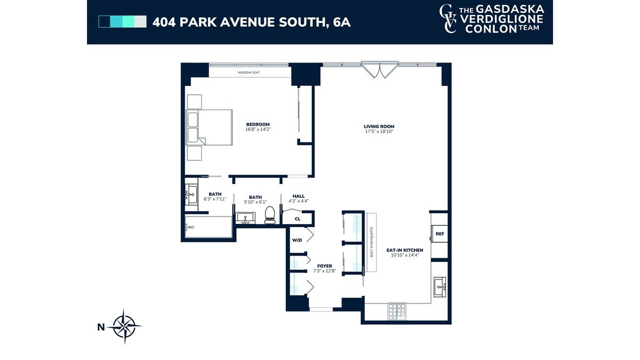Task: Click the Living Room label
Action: pyautogui.click(x=379, y=126)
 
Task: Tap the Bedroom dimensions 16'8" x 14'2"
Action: pyautogui.click(x=258, y=130)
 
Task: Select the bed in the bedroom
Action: pyautogui.click(x=209, y=127)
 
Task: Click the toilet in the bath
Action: pyautogui.click(x=270, y=215)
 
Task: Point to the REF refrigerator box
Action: pyautogui.click(x=439, y=234)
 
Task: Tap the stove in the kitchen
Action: pyautogui.click(x=397, y=311)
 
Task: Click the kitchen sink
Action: pyautogui.click(x=439, y=287)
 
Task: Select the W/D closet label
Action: pyautogui.click(x=297, y=241)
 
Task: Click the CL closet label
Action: pyautogui.click(x=298, y=219)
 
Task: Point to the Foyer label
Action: pyautogui.click(x=324, y=266)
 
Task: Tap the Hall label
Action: pyautogui.click(x=299, y=196)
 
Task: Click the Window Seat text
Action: pyautogui.click(x=249, y=73)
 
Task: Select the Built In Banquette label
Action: pyautogui.click(x=372, y=242)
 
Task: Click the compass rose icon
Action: pyautogui.click(x=124, y=326)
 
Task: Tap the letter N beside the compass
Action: pyautogui.click(x=101, y=327)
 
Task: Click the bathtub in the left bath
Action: pyautogui.click(x=209, y=227)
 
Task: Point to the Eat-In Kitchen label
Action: pyautogui.click(x=405, y=250)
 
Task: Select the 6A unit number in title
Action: pyautogui.click(x=342, y=22)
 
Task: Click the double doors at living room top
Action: pyautogui.click(x=379, y=69)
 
